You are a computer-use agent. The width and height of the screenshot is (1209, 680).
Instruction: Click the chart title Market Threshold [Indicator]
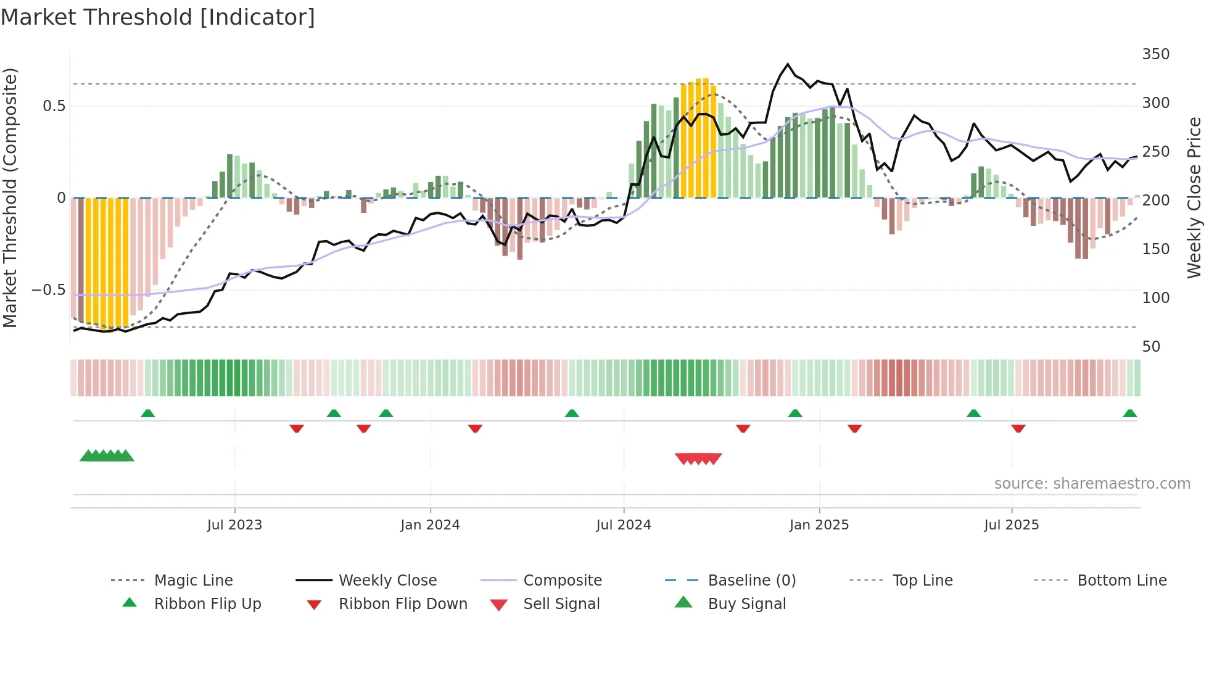point(158,17)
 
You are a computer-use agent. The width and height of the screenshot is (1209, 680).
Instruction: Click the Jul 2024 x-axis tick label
point(624,525)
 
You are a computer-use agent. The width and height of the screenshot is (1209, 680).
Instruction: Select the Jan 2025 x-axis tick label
point(819,525)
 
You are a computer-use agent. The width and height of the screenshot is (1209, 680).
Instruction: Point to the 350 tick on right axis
point(1155,54)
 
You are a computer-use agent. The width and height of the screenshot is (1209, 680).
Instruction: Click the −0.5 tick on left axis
point(48,289)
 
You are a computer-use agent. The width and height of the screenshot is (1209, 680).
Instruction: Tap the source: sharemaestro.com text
point(1092,483)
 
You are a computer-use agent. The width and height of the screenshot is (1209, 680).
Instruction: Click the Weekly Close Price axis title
point(1194,197)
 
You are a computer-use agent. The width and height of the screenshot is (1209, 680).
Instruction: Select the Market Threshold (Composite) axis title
point(10,197)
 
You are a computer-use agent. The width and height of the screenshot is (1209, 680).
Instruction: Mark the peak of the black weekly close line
point(788,64)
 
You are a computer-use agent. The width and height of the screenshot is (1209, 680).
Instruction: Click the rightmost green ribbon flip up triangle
point(1129,413)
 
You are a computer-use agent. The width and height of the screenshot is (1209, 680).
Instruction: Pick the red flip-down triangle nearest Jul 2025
point(1018,428)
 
